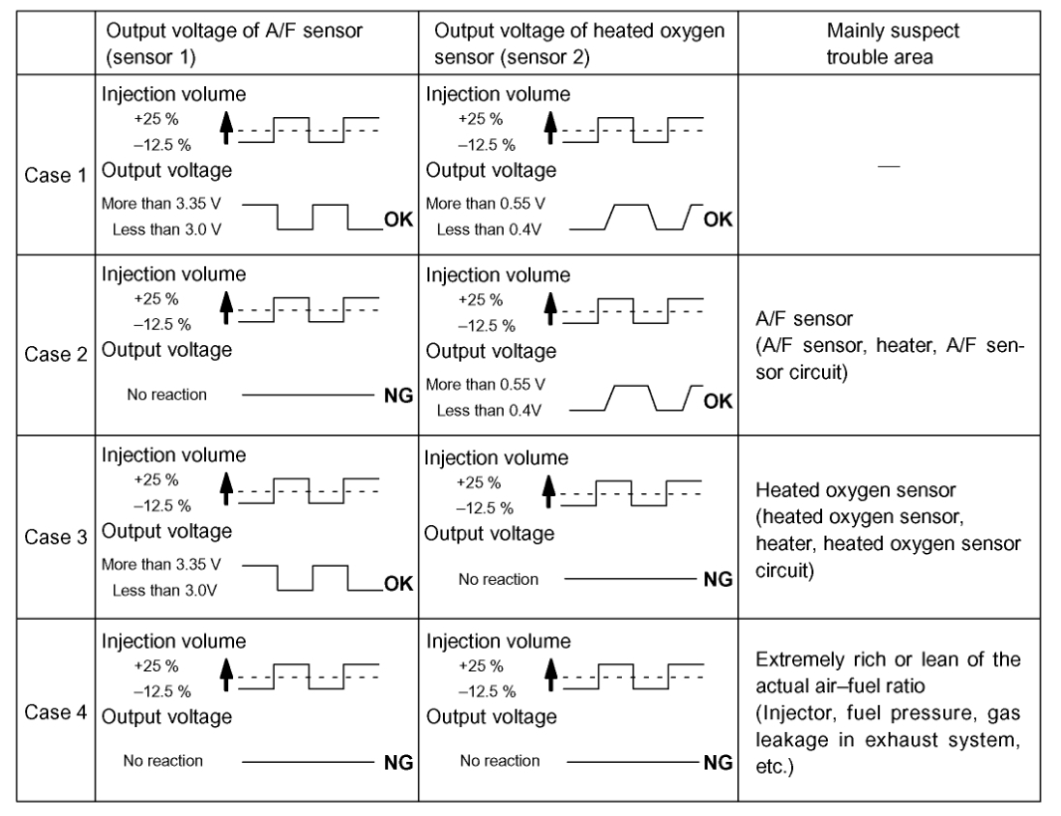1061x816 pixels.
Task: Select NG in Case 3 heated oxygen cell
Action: (x=717, y=578)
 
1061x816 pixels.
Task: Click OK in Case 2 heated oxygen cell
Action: (x=717, y=401)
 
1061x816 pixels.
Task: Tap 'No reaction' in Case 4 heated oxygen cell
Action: (x=499, y=760)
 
